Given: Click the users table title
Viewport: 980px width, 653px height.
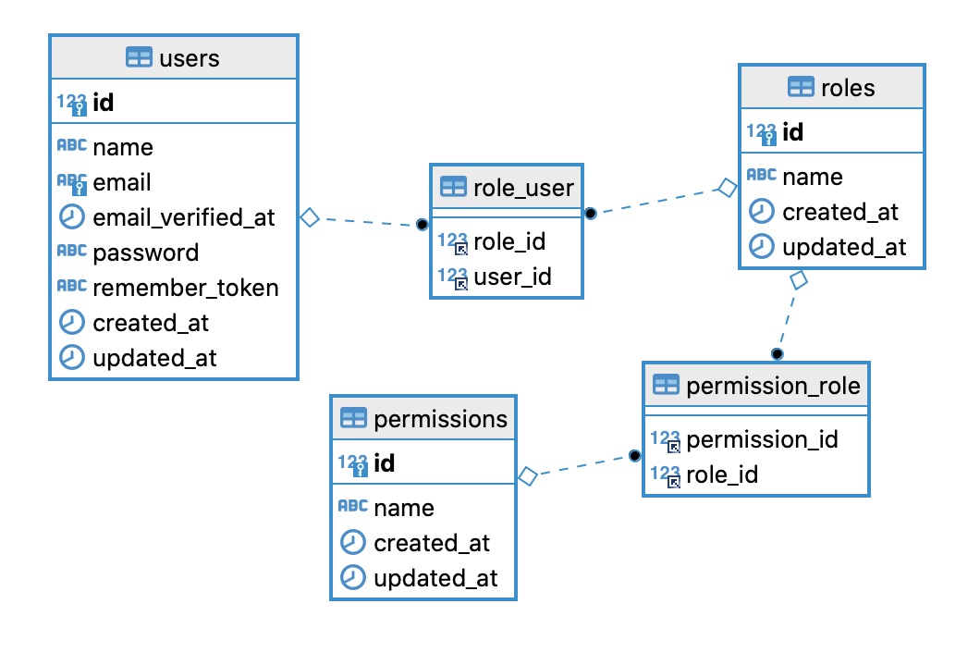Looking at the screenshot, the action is click(190, 59).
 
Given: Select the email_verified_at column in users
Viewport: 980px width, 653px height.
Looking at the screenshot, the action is click(184, 217).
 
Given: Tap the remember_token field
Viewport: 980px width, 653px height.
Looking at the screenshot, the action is click(186, 288).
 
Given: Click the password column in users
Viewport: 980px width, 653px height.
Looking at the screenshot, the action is click(146, 253).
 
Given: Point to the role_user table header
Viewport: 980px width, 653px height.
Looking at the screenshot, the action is click(523, 188).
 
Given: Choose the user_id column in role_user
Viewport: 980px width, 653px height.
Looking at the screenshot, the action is click(512, 277).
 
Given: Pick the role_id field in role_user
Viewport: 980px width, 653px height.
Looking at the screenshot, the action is click(509, 241).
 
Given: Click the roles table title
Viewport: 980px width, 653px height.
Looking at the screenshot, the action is click(848, 88).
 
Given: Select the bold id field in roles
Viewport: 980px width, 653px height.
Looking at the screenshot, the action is click(792, 132).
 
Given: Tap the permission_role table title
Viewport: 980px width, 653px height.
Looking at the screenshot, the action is click(773, 386).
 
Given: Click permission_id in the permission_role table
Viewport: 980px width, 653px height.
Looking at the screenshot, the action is click(762, 439).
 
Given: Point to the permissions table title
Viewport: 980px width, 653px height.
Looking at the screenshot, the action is click(441, 419).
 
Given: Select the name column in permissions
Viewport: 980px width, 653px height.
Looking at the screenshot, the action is click(404, 508).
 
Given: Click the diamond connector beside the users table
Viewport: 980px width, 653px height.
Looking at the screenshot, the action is click(310, 217).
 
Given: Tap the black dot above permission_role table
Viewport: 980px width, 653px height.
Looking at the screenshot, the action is click(777, 354).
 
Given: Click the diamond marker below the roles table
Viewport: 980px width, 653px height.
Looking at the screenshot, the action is click(799, 279).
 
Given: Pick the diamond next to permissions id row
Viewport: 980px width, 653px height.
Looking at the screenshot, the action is click(528, 476).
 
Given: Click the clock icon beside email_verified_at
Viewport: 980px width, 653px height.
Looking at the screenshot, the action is click(71, 216).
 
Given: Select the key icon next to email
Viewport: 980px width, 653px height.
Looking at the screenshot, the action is click(80, 188).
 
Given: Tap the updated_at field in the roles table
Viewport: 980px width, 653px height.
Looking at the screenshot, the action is click(844, 247).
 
